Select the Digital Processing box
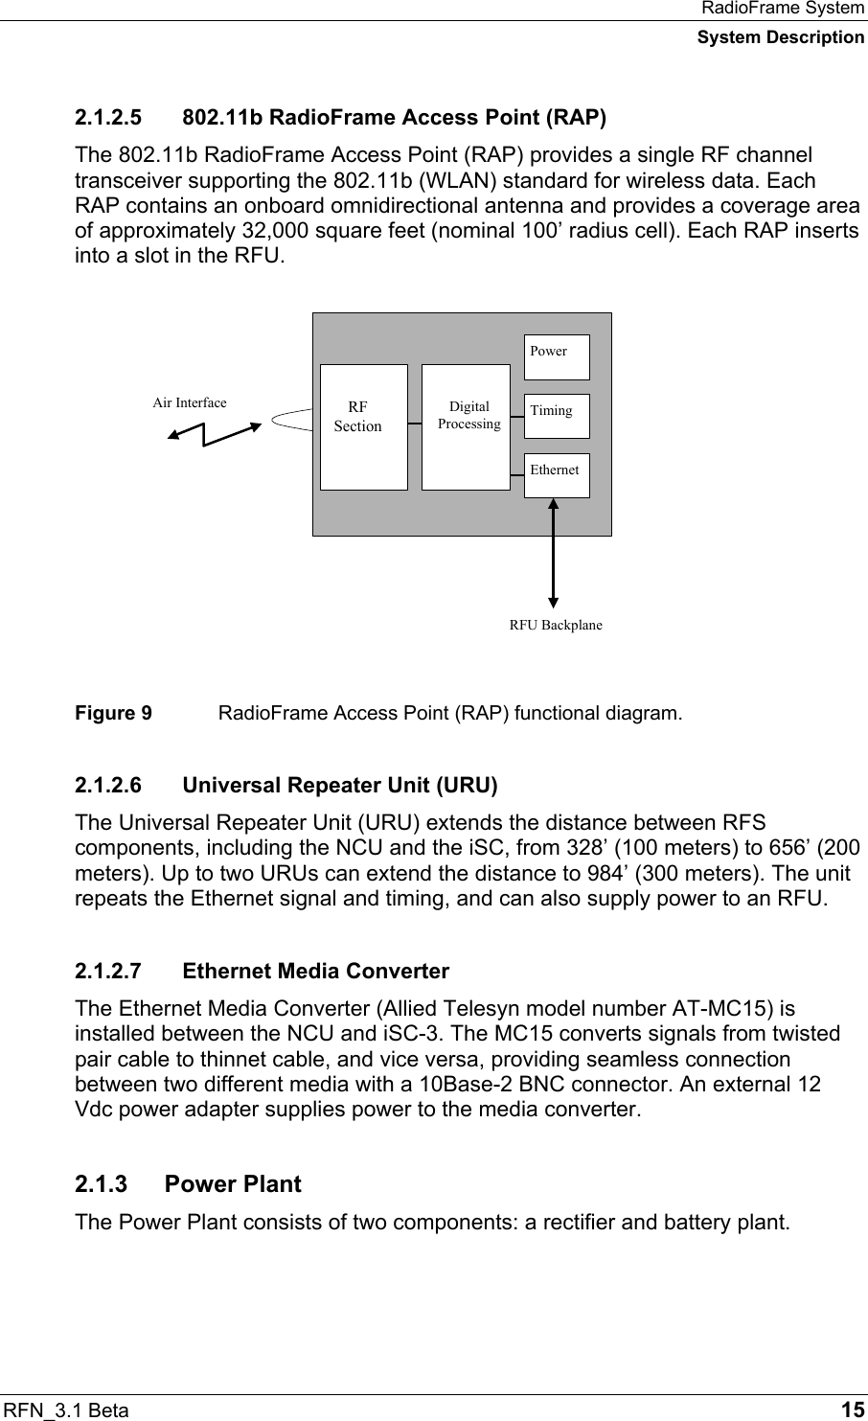(466, 426)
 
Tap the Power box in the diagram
(557, 357)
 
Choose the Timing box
(557, 416)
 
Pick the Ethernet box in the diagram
(557, 475)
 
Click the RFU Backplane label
(556, 625)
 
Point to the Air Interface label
(190, 402)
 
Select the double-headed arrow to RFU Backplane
(553, 552)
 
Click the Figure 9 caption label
(113, 714)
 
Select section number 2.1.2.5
(108, 119)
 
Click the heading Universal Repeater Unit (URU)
(339, 787)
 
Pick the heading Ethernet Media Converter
(315, 972)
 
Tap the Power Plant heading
(233, 1184)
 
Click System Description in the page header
(780, 37)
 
